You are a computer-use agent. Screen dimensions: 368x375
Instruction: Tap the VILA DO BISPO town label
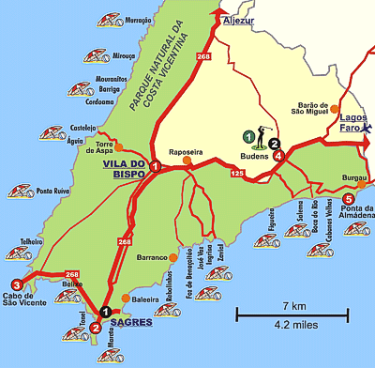tap(121, 166)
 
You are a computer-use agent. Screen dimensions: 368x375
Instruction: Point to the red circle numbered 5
tap(349, 199)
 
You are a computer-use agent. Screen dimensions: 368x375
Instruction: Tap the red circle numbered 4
tap(278, 156)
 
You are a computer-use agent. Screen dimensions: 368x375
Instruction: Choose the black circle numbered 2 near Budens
tap(274, 144)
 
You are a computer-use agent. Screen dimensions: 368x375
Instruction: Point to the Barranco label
tap(149, 257)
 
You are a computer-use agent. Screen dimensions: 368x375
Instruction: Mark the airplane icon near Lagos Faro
tap(365, 127)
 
